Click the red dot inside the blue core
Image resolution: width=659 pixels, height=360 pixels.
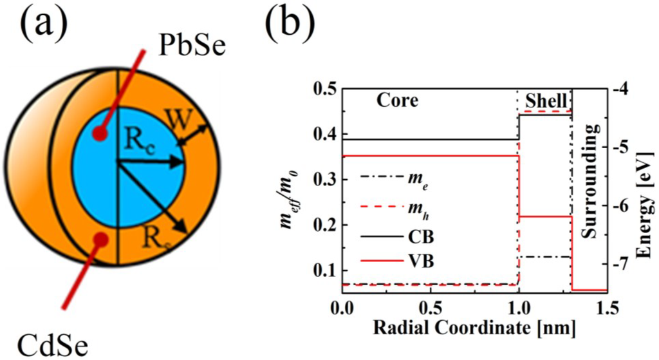99,134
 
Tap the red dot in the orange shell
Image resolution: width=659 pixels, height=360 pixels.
100,240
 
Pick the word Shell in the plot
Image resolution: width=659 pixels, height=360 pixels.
546,101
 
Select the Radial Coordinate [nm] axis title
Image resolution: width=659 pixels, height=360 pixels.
473,327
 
